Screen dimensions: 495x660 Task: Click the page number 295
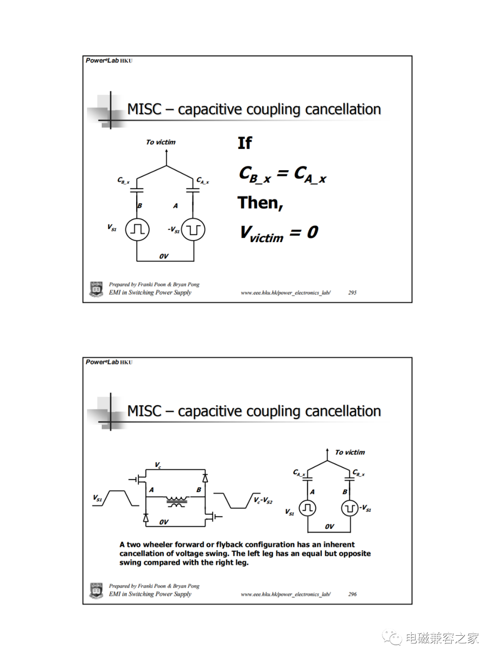(x=352, y=293)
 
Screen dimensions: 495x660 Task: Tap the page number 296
(x=352, y=594)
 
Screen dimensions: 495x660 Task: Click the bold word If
(x=245, y=143)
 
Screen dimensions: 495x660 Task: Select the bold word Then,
(x=260, y=203)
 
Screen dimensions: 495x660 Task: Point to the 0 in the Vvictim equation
(x=313, y=232)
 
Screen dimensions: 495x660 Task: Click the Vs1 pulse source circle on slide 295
(x=137, y=229)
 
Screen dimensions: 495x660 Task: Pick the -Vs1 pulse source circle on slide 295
(x=193, y=229)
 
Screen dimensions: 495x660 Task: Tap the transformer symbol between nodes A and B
(x=176, y=501)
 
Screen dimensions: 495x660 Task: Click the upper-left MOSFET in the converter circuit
(x=140, y=480)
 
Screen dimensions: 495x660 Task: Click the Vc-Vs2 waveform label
(x=263, y=500)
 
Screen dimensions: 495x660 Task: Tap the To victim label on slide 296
(x=350, y=452)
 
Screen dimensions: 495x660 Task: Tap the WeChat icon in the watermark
(x=392, y=638)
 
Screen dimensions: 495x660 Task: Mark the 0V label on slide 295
(x=164, y=256)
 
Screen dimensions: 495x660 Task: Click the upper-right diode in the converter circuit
(x=205, y=478)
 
